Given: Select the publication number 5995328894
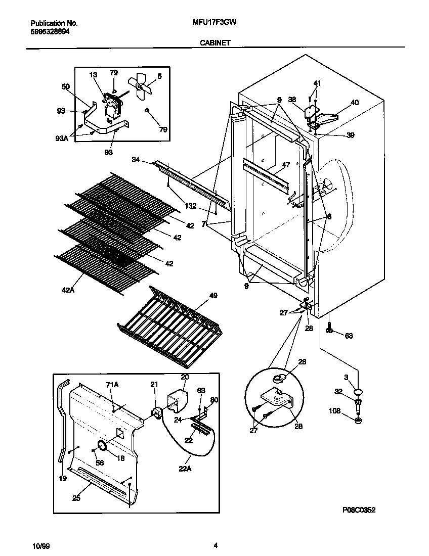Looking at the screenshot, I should click(50, 31).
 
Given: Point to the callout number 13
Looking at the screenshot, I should click(93, 75).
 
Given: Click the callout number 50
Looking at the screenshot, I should click(66, 87).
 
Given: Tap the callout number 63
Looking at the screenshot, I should click(349, 336).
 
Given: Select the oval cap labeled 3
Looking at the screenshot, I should click(359, 391).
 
